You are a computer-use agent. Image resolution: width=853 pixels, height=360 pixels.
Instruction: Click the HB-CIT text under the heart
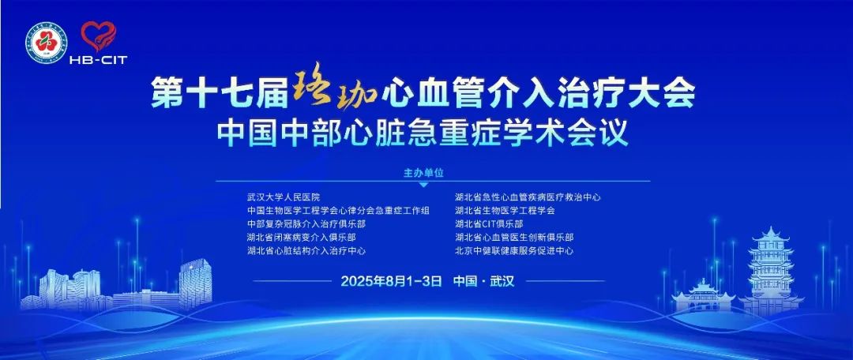pyautogui.click(x=98, y=60)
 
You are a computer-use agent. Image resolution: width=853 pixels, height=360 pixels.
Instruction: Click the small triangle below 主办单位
pyautogui.click(x=424, y=185)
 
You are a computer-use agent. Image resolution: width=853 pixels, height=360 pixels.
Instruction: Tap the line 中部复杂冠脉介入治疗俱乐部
pyautogui.click(x=306, y=224)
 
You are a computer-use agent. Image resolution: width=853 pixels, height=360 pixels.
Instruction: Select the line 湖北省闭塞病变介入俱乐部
pyautogui.click(x=302, y=238)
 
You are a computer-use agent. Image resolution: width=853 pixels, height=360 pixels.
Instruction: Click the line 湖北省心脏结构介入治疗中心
pyautogui.click(x=306, y=251)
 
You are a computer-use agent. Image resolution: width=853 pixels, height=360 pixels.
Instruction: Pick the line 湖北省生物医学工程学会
pyautogui.click(x=505, y=211)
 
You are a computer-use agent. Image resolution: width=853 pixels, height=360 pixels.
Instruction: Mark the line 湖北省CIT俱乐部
pyautogui.click(x=489, y=224)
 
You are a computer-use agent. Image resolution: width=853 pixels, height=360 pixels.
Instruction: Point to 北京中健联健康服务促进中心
pyautogui.click(x=514, y=251)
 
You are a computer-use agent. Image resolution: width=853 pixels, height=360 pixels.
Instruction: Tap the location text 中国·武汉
pyautogui.click(x=483, y=281)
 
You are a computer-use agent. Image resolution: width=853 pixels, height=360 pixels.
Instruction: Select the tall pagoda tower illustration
pyautogui.click(x=771, y=271)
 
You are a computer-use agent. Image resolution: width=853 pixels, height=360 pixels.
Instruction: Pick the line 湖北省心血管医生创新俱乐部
pyautogui.click(x=514, y=238)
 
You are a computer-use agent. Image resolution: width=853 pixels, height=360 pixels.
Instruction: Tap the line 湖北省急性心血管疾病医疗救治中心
pyautogui.click(x=528, y=197)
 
